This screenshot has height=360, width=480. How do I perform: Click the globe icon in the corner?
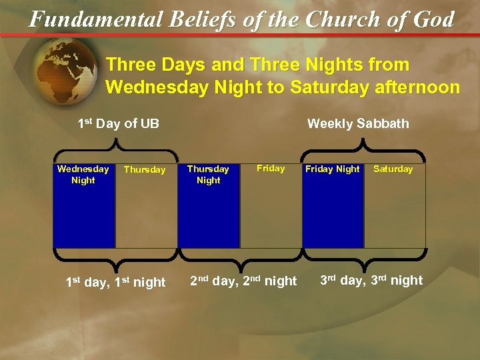[63, 70]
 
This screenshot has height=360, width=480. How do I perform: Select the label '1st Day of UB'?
[118, 123]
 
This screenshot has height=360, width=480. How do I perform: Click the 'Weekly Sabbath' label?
[358, 123]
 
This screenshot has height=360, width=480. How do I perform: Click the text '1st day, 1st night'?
[115, 282]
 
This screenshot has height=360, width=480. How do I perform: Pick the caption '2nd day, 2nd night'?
[243, 281]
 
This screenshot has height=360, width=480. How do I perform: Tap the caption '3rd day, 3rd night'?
[371, 281]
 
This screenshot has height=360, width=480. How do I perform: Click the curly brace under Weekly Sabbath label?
[363, 145]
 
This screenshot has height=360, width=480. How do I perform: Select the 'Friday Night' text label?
[332, 169]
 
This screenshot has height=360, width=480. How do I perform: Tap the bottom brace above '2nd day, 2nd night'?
[240, 259]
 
